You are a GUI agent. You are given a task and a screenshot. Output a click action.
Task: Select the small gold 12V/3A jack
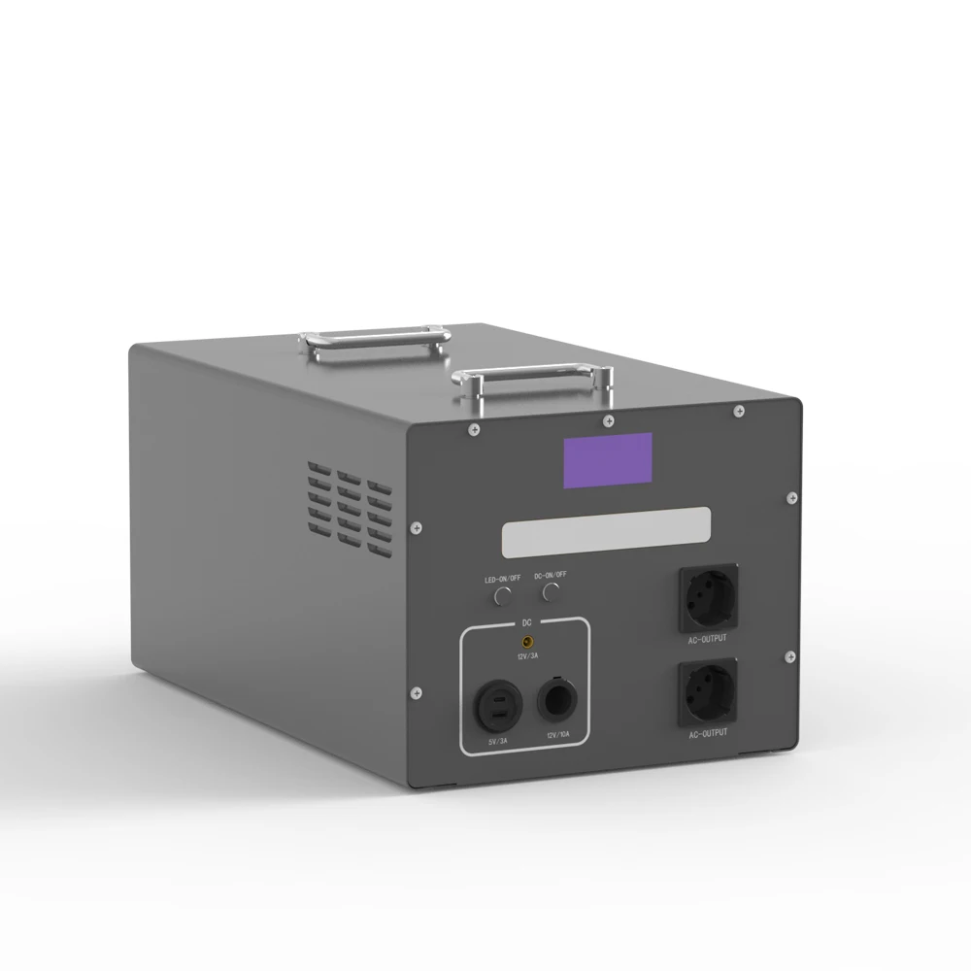point(528,643)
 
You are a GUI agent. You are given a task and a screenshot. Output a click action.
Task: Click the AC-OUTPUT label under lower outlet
point(708,734)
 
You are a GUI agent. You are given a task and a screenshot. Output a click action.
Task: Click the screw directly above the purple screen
point(608,420)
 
